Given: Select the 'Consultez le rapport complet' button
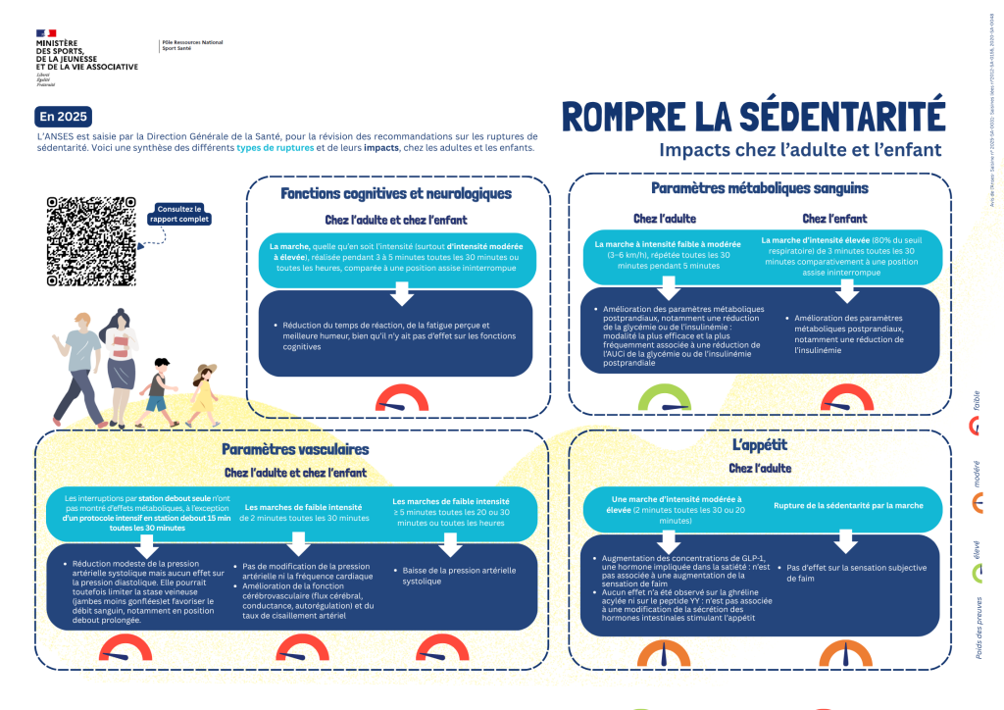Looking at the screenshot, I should (x=177, y=214).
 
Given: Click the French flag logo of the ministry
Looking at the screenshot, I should (x=46, y=33).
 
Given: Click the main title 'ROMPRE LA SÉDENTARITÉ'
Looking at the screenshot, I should (x=753, y=116).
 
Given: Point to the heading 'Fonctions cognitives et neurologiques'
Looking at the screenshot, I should (x=396, y=193).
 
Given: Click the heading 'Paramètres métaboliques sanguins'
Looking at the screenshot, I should (x=759, y=187).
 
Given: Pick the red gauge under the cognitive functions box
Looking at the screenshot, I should (x=402, y=399).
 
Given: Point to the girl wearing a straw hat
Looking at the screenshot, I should (x=203, y=393).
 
